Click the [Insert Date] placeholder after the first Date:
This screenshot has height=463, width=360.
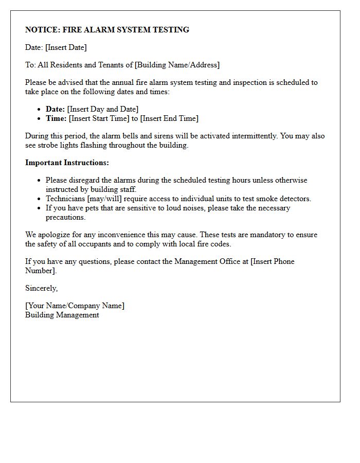click(x=66, y=47)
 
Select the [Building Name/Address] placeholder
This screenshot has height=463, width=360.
click(x=177, y=65)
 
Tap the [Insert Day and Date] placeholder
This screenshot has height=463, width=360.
click(x=102, y=109)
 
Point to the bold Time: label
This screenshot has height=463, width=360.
click(x=56, y=118)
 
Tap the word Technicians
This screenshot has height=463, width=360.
click(x=65, y=199)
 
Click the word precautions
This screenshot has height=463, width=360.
click(x=65, y=217)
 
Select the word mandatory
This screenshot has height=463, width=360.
click(x=256, y=235)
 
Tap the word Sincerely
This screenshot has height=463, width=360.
click(x=41, y=288)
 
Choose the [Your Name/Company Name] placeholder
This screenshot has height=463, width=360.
click(x=75, y=306)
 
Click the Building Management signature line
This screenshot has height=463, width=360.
click(x=62, y=315)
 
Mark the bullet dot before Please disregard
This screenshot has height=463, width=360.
click(x=40, y=181)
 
